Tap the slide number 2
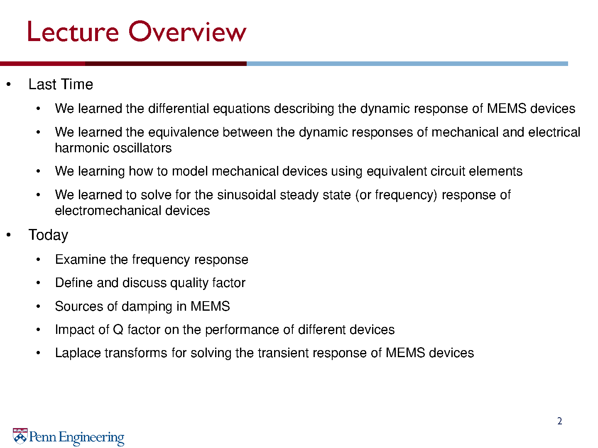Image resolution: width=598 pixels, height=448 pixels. tap(559, 421)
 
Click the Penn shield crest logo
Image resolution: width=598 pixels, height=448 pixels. tap(20, 436)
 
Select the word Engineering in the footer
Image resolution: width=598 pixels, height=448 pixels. tap(91, 438)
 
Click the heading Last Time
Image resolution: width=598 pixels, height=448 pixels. tap(61, 84)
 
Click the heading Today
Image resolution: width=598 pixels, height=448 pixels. tap(48, 235)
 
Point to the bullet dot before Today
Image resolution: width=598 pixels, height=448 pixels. tap(8, 234)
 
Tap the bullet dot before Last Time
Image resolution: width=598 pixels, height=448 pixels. tap(8, 84)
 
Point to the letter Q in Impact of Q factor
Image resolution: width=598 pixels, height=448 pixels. tap(118, 330)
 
